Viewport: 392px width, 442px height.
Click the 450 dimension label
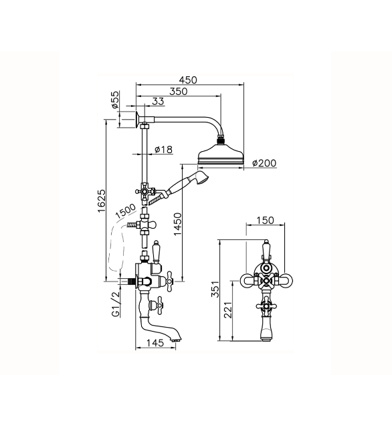coord(188,80)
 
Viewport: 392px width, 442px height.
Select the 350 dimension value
coord(179,92)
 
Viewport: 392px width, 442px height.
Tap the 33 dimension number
coord(158,101)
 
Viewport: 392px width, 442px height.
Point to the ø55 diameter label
coord(114,100)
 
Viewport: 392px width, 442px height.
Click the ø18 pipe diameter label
coord(164,149)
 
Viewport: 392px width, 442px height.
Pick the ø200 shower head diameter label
coord(264,163)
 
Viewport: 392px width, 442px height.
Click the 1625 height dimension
coord(102,201)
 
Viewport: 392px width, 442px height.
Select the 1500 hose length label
coord(126,211)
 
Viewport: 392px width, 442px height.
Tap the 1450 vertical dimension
coord(178,224)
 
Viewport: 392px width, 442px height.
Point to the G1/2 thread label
coord(116,304)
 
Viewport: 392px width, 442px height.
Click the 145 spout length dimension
coord(155,343)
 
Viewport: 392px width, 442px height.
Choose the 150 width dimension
coord(265,220)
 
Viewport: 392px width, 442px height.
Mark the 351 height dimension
coord(215,289)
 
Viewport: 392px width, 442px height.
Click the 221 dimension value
coord(228,310)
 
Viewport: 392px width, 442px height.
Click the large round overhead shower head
coord(221,154)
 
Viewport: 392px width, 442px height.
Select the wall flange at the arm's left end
coord(137,119)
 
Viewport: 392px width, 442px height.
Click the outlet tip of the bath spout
coord(175,340)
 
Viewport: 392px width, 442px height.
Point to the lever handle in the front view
coord(266,249)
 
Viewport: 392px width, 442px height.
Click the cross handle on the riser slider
coord(144,191)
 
